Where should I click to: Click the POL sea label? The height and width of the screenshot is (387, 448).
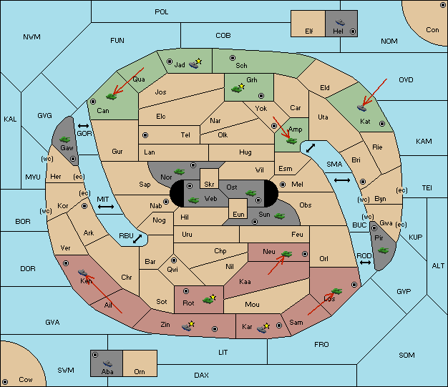[162, 12]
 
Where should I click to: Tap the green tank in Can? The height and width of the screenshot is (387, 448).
[111, 97]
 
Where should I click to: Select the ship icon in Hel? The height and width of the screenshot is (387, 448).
[340, 22]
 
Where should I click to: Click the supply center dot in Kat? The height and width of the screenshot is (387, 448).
[382, 124]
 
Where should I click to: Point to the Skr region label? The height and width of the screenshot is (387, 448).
[209, 185]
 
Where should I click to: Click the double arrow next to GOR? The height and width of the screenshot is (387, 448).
[83, 126]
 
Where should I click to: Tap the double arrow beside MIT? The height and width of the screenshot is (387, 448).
[106, 207]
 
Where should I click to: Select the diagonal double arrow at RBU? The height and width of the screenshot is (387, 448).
[137, 239]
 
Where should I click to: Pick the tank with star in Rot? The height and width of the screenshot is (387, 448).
[209, 299]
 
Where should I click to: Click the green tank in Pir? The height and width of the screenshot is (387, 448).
[383, 250]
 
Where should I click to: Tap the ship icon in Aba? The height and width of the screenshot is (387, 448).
[107, 363]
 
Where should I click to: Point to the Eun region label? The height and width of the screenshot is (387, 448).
[238, 214]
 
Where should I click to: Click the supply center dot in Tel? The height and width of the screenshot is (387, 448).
[145, 135]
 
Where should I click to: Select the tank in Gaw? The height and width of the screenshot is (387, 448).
[65, 139]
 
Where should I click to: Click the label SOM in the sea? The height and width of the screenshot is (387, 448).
[406, 356]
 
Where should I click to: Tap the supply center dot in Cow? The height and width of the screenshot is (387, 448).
[5, 381]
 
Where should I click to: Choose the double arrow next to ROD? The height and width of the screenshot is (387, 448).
[365, 263]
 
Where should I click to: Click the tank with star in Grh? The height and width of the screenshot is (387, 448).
[238, 88]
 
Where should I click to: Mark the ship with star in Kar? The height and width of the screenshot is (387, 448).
[263, 328]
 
